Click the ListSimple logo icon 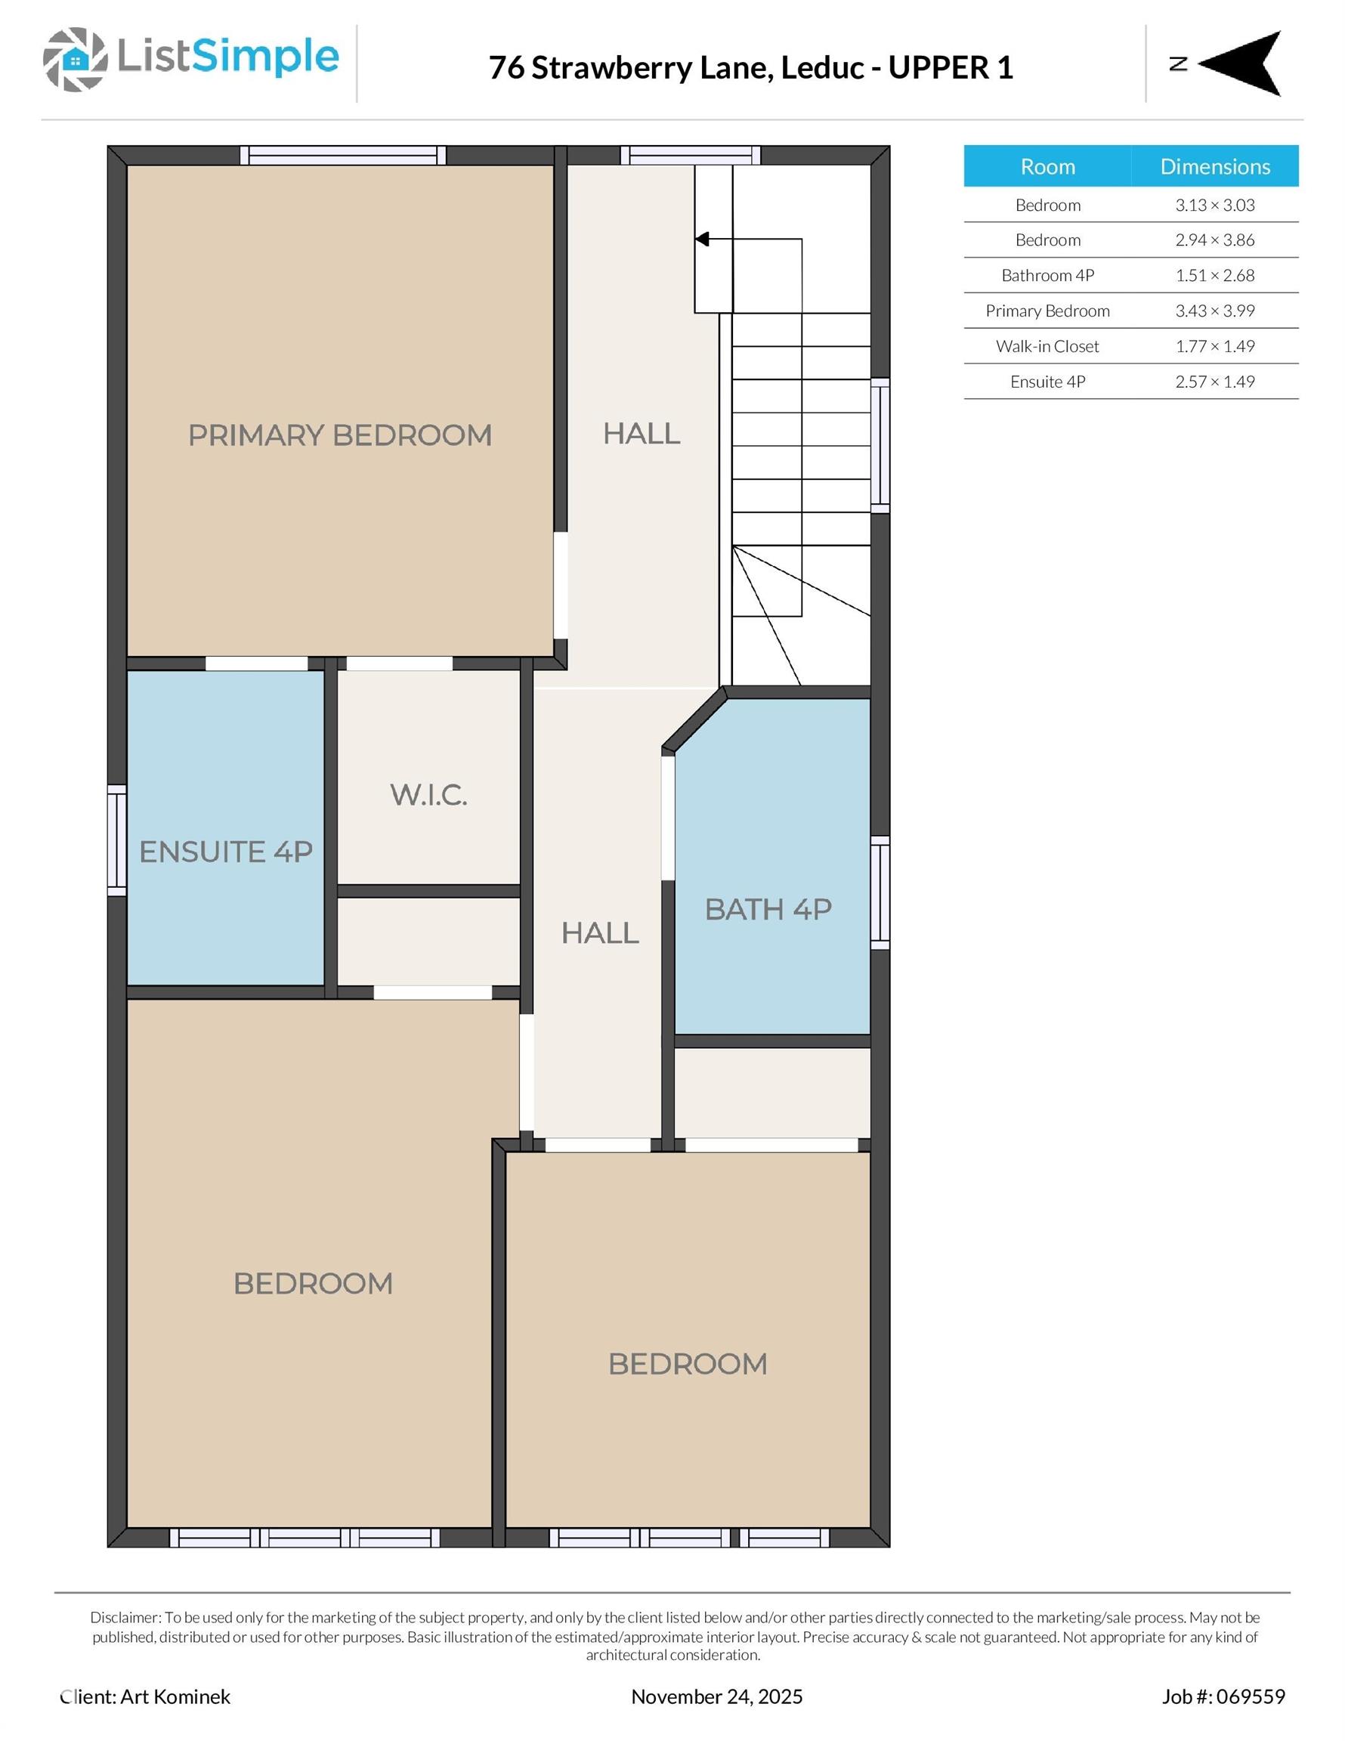(75, 59)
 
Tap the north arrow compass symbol (1239, 63)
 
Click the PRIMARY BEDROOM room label (339, 435)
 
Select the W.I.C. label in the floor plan (428, 795)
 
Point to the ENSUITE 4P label (226, 852)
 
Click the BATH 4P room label (768, 910)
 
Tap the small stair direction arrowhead (703, 239)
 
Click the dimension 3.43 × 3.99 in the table (1214, 311)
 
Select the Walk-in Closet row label (1047, 346)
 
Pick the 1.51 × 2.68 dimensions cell (1214, 276)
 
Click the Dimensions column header (1214, 166)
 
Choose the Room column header (1047, 166)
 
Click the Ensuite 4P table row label (1047, 382)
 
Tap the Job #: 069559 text (1223, 1696)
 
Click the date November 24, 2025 (717, 1696)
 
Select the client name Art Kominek (175, 1696)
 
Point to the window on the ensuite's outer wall (117, 840)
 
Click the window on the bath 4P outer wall (880, 893)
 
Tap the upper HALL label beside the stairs (641, 434)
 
